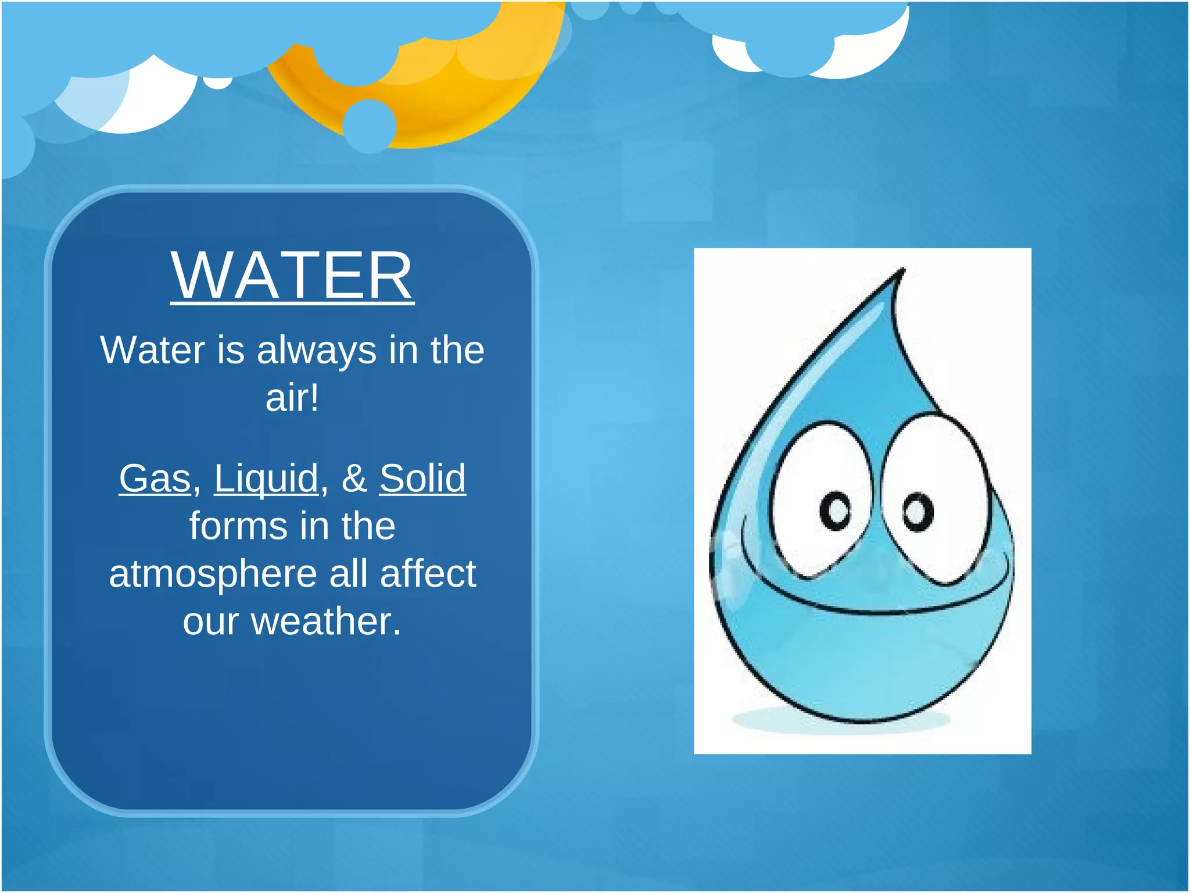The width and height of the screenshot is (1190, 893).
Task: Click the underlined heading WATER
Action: pos(292,276)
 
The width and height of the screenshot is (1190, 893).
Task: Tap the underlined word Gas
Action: pos(155,478)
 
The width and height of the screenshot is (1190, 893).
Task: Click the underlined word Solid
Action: pos(422,478)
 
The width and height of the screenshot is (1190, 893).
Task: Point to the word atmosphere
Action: pos(213,574)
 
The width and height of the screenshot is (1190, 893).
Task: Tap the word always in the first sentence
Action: pos(317,350)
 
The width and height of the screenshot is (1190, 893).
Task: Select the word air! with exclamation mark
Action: pos(292,398)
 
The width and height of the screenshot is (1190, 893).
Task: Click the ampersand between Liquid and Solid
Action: pos(354,478)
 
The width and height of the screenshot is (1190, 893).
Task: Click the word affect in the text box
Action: pos(428,574)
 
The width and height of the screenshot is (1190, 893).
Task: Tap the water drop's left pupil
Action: pos(837,510)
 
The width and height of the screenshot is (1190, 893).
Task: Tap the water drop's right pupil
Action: pos(918,512)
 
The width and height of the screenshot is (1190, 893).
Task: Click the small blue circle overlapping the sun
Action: pos(370,126)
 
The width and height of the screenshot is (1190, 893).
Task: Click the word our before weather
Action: pos(210,621)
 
